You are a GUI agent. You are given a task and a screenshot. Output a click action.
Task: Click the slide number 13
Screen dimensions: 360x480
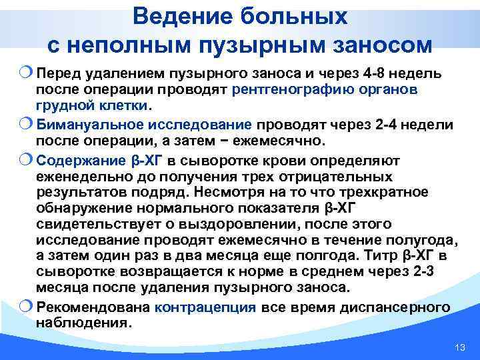458,348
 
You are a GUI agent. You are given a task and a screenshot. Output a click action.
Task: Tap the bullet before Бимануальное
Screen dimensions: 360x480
28,124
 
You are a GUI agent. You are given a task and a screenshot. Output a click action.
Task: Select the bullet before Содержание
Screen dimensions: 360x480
28,159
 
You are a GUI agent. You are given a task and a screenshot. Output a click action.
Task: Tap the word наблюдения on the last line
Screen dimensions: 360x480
83,323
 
